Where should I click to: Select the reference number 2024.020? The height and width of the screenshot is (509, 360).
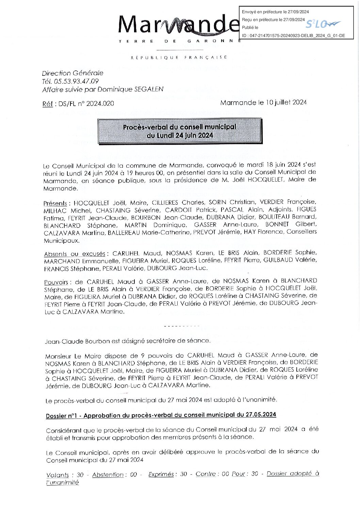coord(100,104)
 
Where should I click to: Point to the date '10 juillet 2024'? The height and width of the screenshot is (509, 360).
coord(286,102)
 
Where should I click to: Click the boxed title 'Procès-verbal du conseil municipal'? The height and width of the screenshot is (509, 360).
coord(179,127)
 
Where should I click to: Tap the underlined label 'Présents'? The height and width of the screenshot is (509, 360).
coord(55,203)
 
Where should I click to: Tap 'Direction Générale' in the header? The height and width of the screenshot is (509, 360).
coord(72,73)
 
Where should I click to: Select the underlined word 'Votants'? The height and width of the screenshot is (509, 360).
coord(58,475)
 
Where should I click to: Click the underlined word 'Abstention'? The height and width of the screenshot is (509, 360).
coord(108,475)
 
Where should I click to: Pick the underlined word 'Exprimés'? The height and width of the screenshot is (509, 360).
coord(161,474)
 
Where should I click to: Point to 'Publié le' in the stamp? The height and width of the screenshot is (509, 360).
coord(250,28)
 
